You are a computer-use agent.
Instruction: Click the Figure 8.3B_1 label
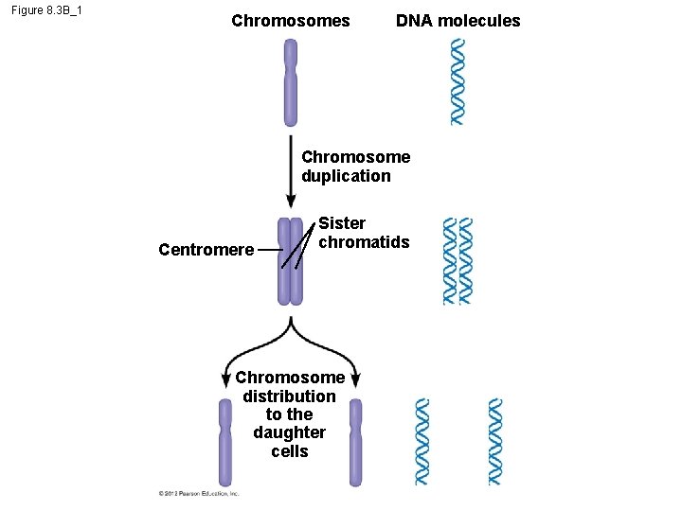click(x=47, y=11)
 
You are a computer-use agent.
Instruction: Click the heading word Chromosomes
click(x=290, y=21)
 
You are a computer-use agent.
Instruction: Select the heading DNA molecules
click(x=458, y=21)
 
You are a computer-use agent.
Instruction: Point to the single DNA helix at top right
click(x=458, y=81)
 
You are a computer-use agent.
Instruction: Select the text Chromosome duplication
click(x=355, y=167)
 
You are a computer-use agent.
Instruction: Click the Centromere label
click(x=206, y=250)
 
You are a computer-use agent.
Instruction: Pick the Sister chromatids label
click(x=364, y=233)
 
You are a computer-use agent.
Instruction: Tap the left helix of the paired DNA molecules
click(x=450, y=261)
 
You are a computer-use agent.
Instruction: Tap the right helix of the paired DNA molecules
click(x=465, y=261)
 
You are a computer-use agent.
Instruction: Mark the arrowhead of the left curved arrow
click(x=225, y=379)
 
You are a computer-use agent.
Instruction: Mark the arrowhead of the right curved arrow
click(x=355, y=379)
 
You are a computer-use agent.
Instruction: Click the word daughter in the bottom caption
click(x=289, y=432)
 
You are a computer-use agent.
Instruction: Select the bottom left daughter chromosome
click(x=224, y=442)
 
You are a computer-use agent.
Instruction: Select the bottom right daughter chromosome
click(x=355, y=442)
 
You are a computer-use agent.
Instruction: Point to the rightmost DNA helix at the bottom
click(x=494, y=442)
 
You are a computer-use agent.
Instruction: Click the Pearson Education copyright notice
click(x=198, y=493)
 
